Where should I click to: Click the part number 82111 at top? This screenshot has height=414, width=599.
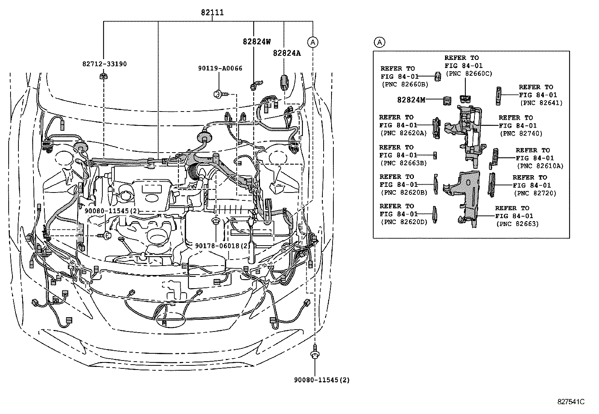[212, 12]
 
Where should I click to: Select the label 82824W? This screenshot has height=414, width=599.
[256, 42]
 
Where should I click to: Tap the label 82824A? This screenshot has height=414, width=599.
[287, 53]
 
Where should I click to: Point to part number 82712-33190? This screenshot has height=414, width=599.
[104, 64]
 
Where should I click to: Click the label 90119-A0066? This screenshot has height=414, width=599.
[220, 68]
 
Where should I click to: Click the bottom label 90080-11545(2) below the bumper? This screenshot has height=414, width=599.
[322, 380]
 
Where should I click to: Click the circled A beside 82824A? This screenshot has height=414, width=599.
[313, 42]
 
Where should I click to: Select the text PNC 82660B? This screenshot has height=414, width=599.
[404, 84]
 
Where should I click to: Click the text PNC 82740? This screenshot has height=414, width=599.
[521, 133]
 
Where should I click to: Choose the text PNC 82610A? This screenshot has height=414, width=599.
[540, 166]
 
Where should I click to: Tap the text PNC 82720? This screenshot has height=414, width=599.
[535, 193]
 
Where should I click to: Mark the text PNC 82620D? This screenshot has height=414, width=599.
[404, 222]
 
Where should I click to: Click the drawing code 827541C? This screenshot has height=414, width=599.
[571, 402]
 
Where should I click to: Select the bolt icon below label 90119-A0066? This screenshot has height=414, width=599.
[219, 93]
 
